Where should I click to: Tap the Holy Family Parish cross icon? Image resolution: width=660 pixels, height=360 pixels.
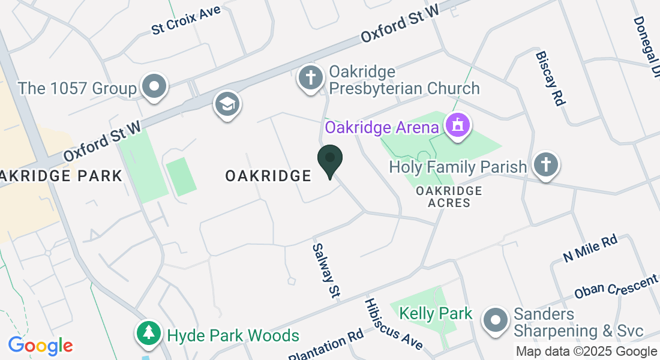point(546,165)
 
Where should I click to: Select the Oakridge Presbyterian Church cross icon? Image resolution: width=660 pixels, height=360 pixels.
point(311,78)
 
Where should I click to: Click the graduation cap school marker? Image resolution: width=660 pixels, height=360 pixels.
point(227,104)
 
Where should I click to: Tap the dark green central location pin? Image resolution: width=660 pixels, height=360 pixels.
point(329,160)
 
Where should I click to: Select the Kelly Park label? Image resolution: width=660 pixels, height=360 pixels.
point(436,313)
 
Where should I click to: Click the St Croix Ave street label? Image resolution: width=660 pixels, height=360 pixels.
point(186,20)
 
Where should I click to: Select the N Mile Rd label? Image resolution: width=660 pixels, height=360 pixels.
point(590,248)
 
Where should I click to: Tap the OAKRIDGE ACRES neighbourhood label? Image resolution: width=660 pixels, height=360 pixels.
point(449,197)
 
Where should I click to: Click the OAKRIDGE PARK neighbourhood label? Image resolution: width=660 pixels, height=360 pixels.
point(60,176)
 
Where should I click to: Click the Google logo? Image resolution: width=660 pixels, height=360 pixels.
point(40,346)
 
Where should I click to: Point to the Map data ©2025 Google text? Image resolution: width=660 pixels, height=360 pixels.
point(586,352)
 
